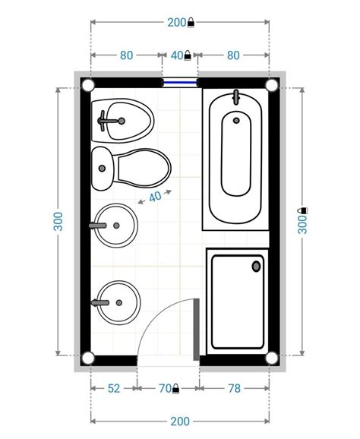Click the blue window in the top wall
tap(180, 82)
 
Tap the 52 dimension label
tap(114, 389)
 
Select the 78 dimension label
tap(235, 389)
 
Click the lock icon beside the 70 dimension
tap(175, 389)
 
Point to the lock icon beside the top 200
tap(191, 22)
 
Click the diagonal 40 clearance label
tap(155, 197)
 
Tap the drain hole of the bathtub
tap(236, 121)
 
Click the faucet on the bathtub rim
tap(236, 97)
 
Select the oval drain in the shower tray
tap(256, 267)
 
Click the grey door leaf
tap(197, 330)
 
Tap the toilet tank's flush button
tap(103, 169)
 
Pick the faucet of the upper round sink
tap(98, 226)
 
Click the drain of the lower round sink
tap(119, 302)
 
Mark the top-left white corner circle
tap(88, 85)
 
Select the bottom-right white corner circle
tap(272, 358)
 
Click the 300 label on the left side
tap(58, 222)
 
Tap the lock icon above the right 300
tap(304, 210)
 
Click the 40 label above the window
tap(177, 55)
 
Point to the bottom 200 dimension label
tap(180, 421)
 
